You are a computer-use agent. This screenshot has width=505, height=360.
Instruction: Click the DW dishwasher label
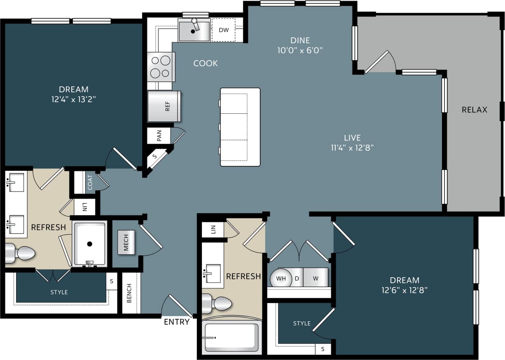click(224, 30)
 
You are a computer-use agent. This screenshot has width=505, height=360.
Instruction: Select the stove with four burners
click(161, 67)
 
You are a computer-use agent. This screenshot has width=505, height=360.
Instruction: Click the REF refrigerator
click(164, 106)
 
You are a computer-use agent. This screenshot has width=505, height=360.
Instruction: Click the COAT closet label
click(90, 182)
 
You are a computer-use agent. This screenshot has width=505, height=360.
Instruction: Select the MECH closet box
click(126, 243)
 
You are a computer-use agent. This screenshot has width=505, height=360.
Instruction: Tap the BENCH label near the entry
click(129, 293)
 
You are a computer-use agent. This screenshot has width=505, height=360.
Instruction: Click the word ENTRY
click(177, 322)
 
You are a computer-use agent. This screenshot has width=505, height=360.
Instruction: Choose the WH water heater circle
click(281, 278)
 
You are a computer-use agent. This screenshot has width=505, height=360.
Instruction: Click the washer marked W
click(316, 278)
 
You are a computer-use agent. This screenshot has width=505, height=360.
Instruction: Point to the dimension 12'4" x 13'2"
click(74, 99)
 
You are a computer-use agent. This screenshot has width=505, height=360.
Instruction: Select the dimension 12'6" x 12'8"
click(404, 290)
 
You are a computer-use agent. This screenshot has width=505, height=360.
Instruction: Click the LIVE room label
click(352, 138)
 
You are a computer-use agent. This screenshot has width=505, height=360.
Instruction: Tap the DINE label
click(299, 40)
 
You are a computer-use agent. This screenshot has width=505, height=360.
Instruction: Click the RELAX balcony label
click(474, 110)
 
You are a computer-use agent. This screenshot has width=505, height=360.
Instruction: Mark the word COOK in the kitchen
click(206, 63)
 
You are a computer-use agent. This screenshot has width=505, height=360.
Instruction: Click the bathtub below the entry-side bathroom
click(231, 338)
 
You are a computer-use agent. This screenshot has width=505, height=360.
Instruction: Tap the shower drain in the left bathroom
click(89, 244)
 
